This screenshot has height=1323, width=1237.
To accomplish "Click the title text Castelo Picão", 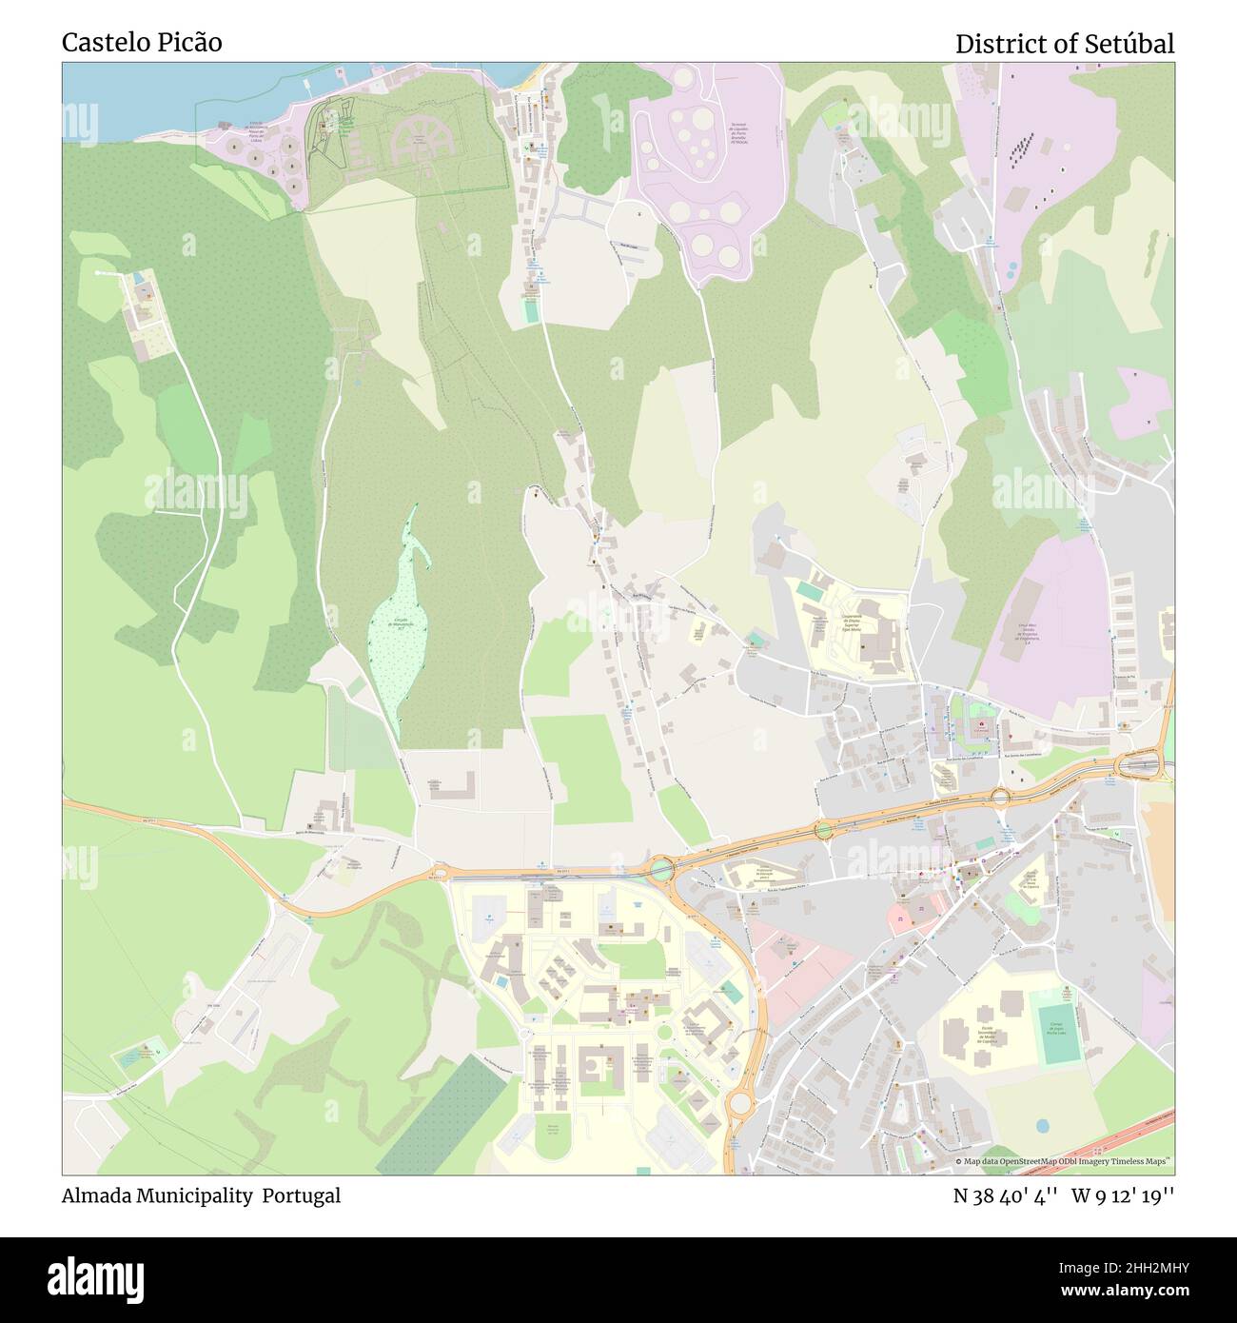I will point(142,43).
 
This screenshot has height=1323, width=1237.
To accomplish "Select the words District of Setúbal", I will point(1064,44).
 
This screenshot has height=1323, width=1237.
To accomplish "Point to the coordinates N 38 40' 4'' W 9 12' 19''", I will point(1063,1195).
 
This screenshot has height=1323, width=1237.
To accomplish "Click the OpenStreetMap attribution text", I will point(1063,1161).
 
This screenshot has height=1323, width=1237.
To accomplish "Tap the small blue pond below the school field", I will point(1042,1126).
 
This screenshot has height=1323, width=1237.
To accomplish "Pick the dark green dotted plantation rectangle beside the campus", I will point(442,1114).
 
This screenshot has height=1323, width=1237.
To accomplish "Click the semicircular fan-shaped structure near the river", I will point(418,138).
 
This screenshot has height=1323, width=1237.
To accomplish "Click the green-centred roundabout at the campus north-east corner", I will point(659,867).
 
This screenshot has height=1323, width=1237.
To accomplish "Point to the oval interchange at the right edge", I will point(1138,764).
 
